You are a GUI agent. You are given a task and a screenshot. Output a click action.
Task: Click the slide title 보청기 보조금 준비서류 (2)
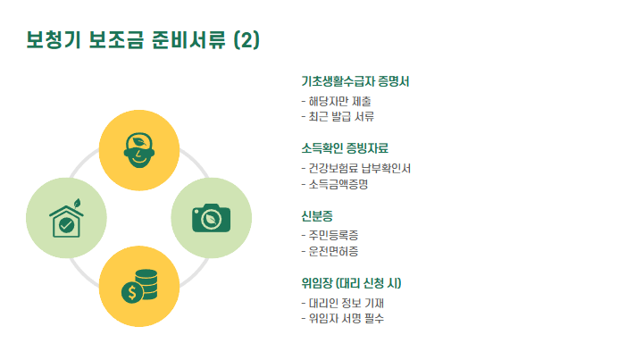coord(143,41)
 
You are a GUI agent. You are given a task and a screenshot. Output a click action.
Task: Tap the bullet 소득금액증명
coord(338,184)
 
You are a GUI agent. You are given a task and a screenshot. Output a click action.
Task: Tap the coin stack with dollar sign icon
coord(139,285)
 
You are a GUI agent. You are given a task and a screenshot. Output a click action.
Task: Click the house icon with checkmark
coord(66,217)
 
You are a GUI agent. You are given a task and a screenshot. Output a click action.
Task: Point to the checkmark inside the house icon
coord(66,223)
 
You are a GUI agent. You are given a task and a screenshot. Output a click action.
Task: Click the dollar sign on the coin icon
coord(132,292)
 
